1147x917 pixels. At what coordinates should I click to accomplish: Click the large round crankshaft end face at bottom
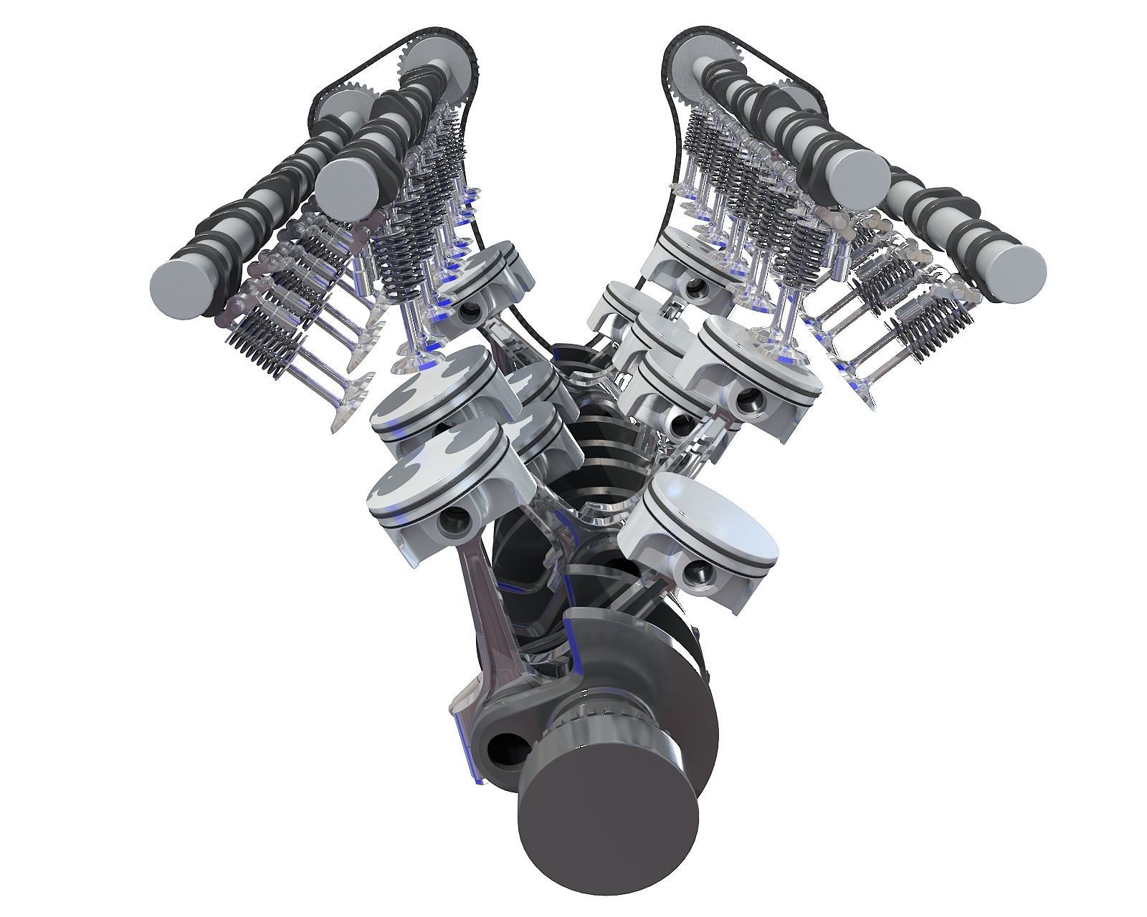click(x=608, y=839)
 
